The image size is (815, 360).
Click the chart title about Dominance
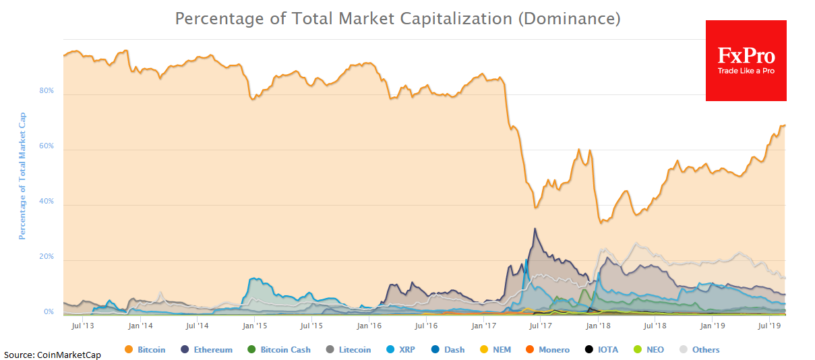point(398,19)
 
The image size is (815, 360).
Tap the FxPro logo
point(746,60)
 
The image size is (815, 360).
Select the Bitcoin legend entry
point(148,350)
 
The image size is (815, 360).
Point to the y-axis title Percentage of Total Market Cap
point(22,176)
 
